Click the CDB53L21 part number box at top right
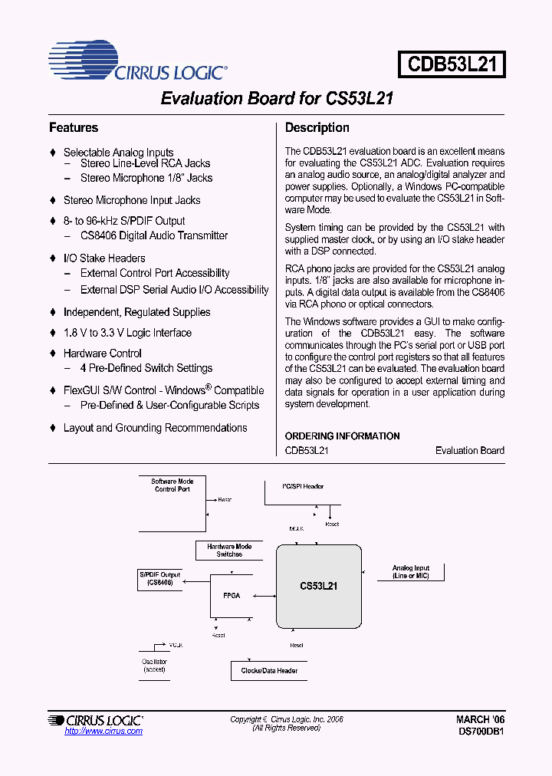click(x=452, y=64)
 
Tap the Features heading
click(x=74, y=128)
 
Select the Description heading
click(x=317, y=128)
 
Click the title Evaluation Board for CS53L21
click(x=277, y=99)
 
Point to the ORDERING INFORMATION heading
click(x=342, y=436)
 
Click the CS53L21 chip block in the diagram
click(x=319, y=585)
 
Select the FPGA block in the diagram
click(x=231, y=596)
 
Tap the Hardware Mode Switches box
click(x=229, y=551)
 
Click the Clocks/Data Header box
click(x=269, y=671)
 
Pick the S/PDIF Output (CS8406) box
click(x=159, y=579)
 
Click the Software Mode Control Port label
click(x=172, y=485)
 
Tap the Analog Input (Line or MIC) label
click(x=411, y=572)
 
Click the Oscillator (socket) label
click(x=154, y=666)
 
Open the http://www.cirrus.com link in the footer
click(x=103, y=732)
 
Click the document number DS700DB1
click(x=480, y=732)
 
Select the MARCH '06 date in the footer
click(x=480, y=720)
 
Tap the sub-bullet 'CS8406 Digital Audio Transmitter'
click(x=154, y=236)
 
